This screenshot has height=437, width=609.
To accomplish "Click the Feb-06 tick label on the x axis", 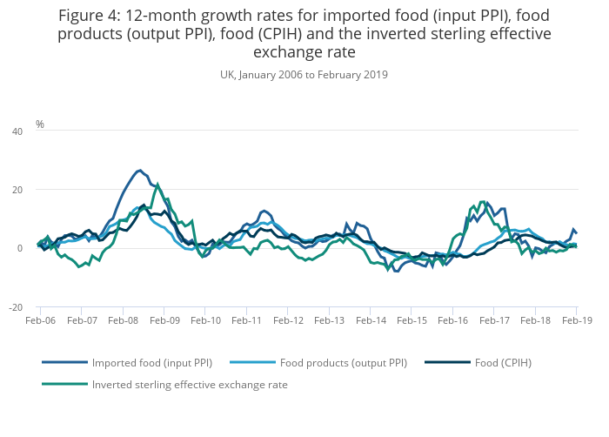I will tap(40, 320).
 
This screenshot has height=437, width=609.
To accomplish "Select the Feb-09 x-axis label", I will tap(164, 320).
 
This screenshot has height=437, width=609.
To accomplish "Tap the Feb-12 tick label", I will tap(288, 320).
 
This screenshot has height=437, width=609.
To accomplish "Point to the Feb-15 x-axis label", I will tap(412, 320).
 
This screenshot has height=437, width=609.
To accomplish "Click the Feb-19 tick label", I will tap(577, 320).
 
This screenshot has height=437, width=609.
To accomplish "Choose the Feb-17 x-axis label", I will tap(494, 320).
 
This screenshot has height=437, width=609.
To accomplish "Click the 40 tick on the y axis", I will tap(17, 131).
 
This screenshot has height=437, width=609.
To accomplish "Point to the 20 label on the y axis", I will tap(17, 190).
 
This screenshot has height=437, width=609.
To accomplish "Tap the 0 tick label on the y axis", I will tap(20, 249).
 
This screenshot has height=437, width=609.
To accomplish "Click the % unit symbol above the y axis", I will tap(40, 124).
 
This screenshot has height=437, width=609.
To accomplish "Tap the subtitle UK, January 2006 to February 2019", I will tap(304, 75).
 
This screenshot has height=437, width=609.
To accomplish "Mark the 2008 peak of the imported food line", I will tap(139, 171).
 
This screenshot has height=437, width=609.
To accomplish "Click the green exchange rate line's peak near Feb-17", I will tap(482, 202).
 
